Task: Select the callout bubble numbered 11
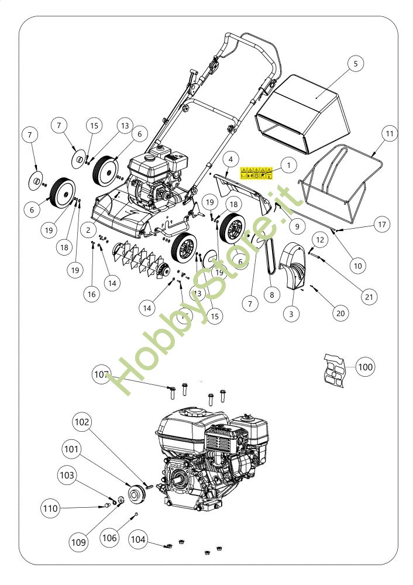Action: (x=390, y=133)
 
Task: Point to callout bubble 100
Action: (x=364, y=367)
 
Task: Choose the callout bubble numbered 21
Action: (x=369, y=297)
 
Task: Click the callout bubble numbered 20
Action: (x=340, y=313)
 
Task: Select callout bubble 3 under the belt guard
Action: (x=291, y=314)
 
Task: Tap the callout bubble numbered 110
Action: (x=51, y=508)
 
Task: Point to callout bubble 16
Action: (x=91, y=294)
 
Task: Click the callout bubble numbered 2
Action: (x=88, y=230)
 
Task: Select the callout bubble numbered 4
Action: (x=230, y=159)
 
